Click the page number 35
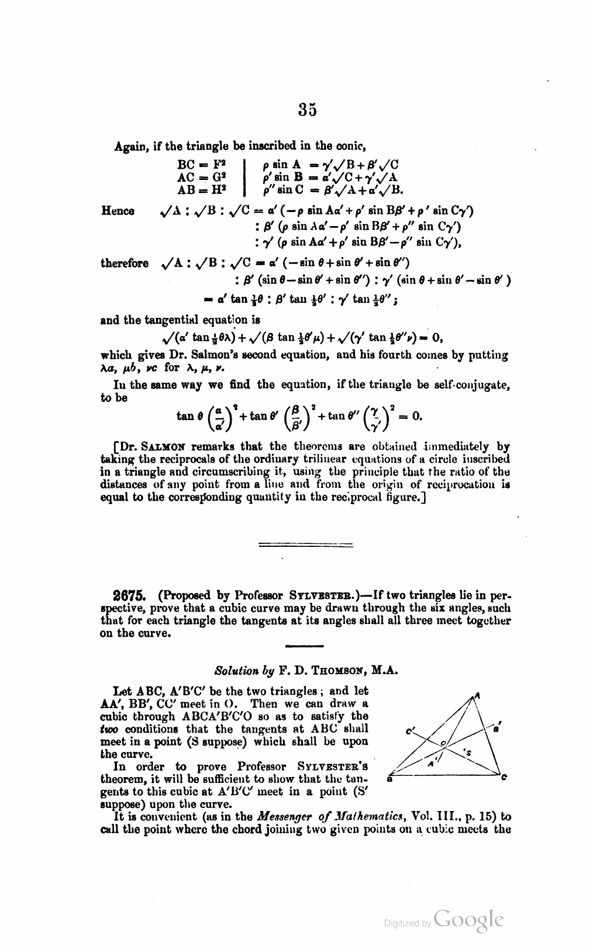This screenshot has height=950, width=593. tap(308, 110)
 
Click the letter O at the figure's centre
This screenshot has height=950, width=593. tap(444, 743)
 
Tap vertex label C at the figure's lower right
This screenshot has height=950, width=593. tap(504, 777)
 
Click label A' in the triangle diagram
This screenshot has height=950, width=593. tap(430, 764)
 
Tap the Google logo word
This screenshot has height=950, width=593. tap(469, 920)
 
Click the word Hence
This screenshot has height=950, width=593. tap(118, 211)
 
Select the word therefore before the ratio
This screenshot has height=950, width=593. tap(125, 263)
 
